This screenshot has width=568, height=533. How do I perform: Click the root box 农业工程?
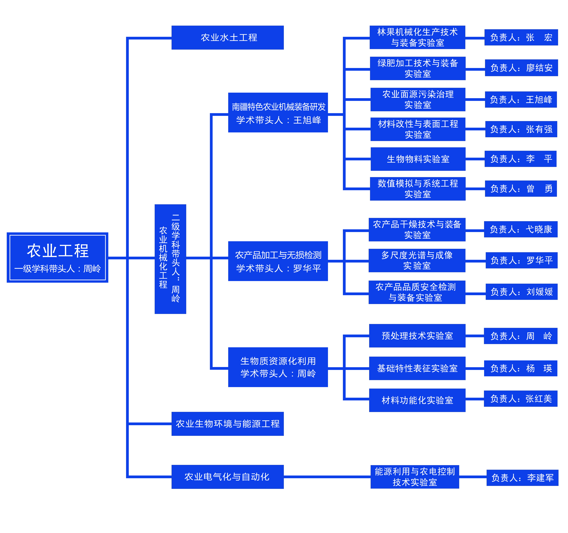coord(57,258)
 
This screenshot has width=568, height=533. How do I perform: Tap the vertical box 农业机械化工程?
coord(170,259)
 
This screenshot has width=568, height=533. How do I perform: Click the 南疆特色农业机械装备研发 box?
coord(278,113)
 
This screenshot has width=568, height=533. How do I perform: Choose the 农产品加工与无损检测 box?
coord(278,261)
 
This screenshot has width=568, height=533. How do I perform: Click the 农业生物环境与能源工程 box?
coord(227,424)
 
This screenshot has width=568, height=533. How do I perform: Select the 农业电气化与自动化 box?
coord(227,477)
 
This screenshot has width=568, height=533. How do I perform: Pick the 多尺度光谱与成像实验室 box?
coord(417,260)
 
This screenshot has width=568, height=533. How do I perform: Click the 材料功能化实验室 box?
coord(417,400)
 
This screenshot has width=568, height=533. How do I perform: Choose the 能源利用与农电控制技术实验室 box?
coord(415,477)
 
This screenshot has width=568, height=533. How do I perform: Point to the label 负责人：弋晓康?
coord(521,229)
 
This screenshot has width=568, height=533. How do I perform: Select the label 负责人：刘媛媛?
coord(521,292)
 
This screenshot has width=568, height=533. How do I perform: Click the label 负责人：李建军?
coord(522,478)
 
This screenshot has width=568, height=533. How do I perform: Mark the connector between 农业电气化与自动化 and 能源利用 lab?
coord(327,477)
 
